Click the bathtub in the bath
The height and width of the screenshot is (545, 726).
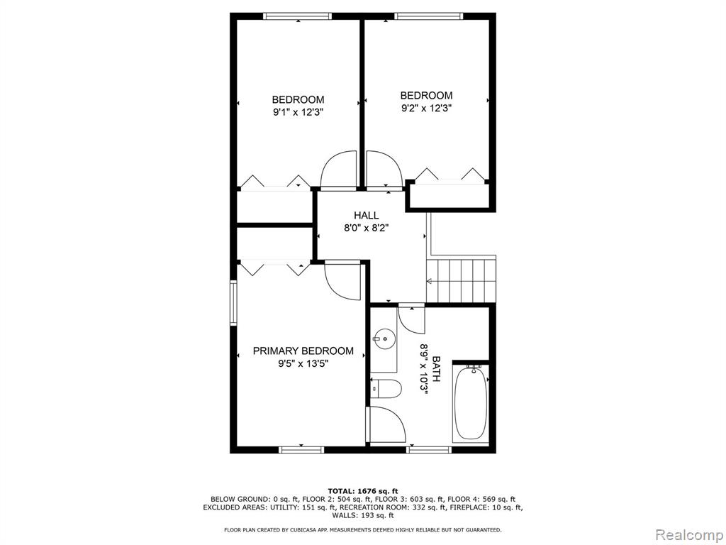(x=471, y=402)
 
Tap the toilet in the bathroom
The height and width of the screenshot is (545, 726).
(x=386, y=388)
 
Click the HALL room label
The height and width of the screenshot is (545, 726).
(x=367, y=215)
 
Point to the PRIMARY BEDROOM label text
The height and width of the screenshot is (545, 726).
(x=303, y=351)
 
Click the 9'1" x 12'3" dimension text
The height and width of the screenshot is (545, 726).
(x=298, y=112)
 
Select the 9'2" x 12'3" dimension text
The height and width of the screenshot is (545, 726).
(x=426, y=108)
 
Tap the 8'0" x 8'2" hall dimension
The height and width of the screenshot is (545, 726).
(x=367, y=228)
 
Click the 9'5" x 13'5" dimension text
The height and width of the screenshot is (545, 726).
(x=303, y=364)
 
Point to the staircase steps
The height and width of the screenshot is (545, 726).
(x=461, y=281)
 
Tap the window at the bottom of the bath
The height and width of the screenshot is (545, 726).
(x=429, y=449)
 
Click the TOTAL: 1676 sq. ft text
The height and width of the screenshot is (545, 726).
(x=363, y=491)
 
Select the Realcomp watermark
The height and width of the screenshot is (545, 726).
(x=689, y=534)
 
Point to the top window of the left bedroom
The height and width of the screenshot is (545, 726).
(x=298, y=16)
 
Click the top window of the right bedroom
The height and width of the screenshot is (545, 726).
(x=429, y=16)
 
